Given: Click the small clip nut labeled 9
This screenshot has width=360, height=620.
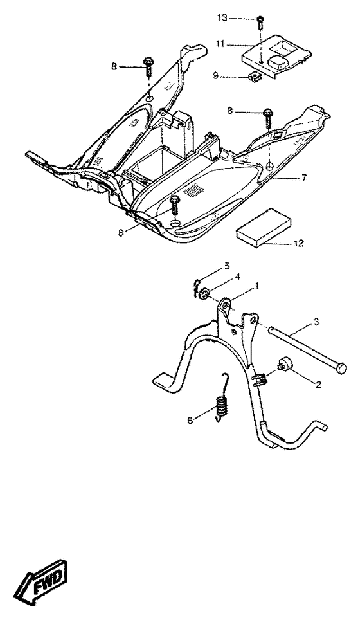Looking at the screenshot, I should (x=255, y=79).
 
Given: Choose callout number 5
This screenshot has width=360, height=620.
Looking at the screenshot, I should (x=227, y=266).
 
